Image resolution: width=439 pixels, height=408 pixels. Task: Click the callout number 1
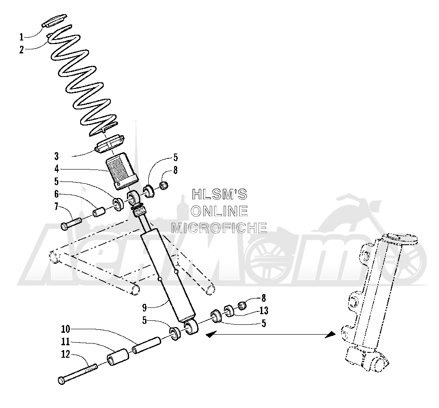[x=21, y=37]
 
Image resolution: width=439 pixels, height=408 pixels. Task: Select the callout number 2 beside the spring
[x=21, y=50]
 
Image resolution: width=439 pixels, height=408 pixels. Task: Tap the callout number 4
[x=57, y=169]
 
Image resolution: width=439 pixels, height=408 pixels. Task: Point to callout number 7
[x=56, y=207]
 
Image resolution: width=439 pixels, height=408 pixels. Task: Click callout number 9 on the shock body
[x=144, y=308]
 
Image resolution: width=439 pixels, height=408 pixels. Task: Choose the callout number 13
[x=264, y=310]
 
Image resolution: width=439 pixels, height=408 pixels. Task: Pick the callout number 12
[x=65, y=354]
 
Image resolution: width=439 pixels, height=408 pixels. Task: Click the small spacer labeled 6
[x=98, y=211]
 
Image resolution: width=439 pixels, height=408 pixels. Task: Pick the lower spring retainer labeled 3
[x=110, y=144]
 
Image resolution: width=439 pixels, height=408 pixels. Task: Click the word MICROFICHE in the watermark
[x=219, y=228]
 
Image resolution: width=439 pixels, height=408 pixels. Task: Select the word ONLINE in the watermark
[x=219, y=211]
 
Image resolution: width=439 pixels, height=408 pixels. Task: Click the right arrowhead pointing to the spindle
[x=330, y=335]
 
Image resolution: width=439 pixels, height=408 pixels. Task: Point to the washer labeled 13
[x=229, y=311]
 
